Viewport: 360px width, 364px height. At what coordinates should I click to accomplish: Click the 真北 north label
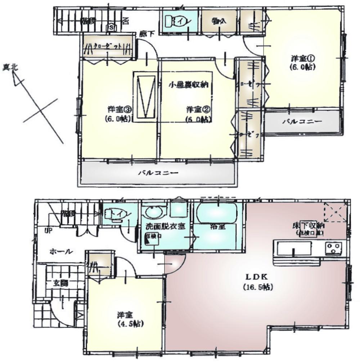pyautogui.click(x=11, y=67)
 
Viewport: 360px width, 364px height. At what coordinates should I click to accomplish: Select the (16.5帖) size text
pyautogui.click(x=257, y=287)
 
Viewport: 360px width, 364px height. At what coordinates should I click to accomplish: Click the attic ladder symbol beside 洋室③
pyautogui.click(x=145, y=96)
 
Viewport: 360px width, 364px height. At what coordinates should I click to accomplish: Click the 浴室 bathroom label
pyautogui.click(x=217, y=227)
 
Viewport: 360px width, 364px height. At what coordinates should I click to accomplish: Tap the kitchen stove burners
pyautogui.click(x=333, y=247)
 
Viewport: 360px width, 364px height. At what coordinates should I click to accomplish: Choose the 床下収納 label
pyautogui.click(x=309, y=226)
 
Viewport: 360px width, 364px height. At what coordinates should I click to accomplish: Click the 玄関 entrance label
pyautogui.click(x=62, y=283)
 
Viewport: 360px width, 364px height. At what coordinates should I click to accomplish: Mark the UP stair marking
pyautogui.click(x=47, y=229)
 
